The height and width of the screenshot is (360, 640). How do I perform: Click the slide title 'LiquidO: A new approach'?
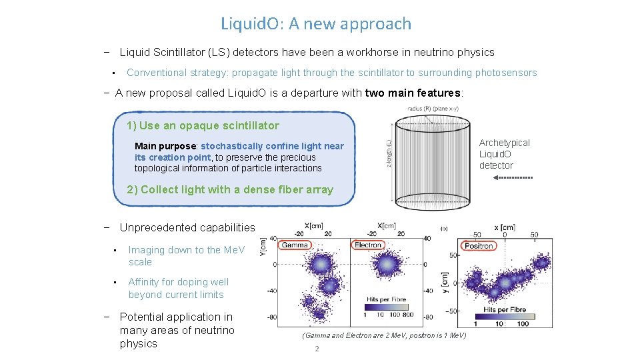tap(316, 24)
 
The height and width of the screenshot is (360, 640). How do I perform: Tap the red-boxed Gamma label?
tap(294, 245)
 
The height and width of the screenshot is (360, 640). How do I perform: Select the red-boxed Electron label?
tap(367, 245)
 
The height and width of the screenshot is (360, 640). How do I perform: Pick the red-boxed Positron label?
tap(478, 245)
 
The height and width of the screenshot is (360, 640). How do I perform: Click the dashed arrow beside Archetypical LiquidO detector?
tap(515, 178)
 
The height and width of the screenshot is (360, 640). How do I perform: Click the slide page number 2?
tap(317, 349)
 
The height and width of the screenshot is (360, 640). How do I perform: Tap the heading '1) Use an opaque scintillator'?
tap(203, 125)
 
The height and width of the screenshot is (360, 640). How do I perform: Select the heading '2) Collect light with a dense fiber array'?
tap(229, 189)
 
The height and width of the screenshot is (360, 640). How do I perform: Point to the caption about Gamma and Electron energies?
tap(384, 335)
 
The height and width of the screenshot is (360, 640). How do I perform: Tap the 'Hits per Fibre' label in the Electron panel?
tap(387, 299)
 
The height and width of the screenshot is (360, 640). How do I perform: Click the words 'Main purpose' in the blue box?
tap(165, 146)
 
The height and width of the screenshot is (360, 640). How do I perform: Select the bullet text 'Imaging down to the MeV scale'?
tap(186, 256)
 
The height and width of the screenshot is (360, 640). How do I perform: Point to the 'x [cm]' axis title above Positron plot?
tap(512, 227)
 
